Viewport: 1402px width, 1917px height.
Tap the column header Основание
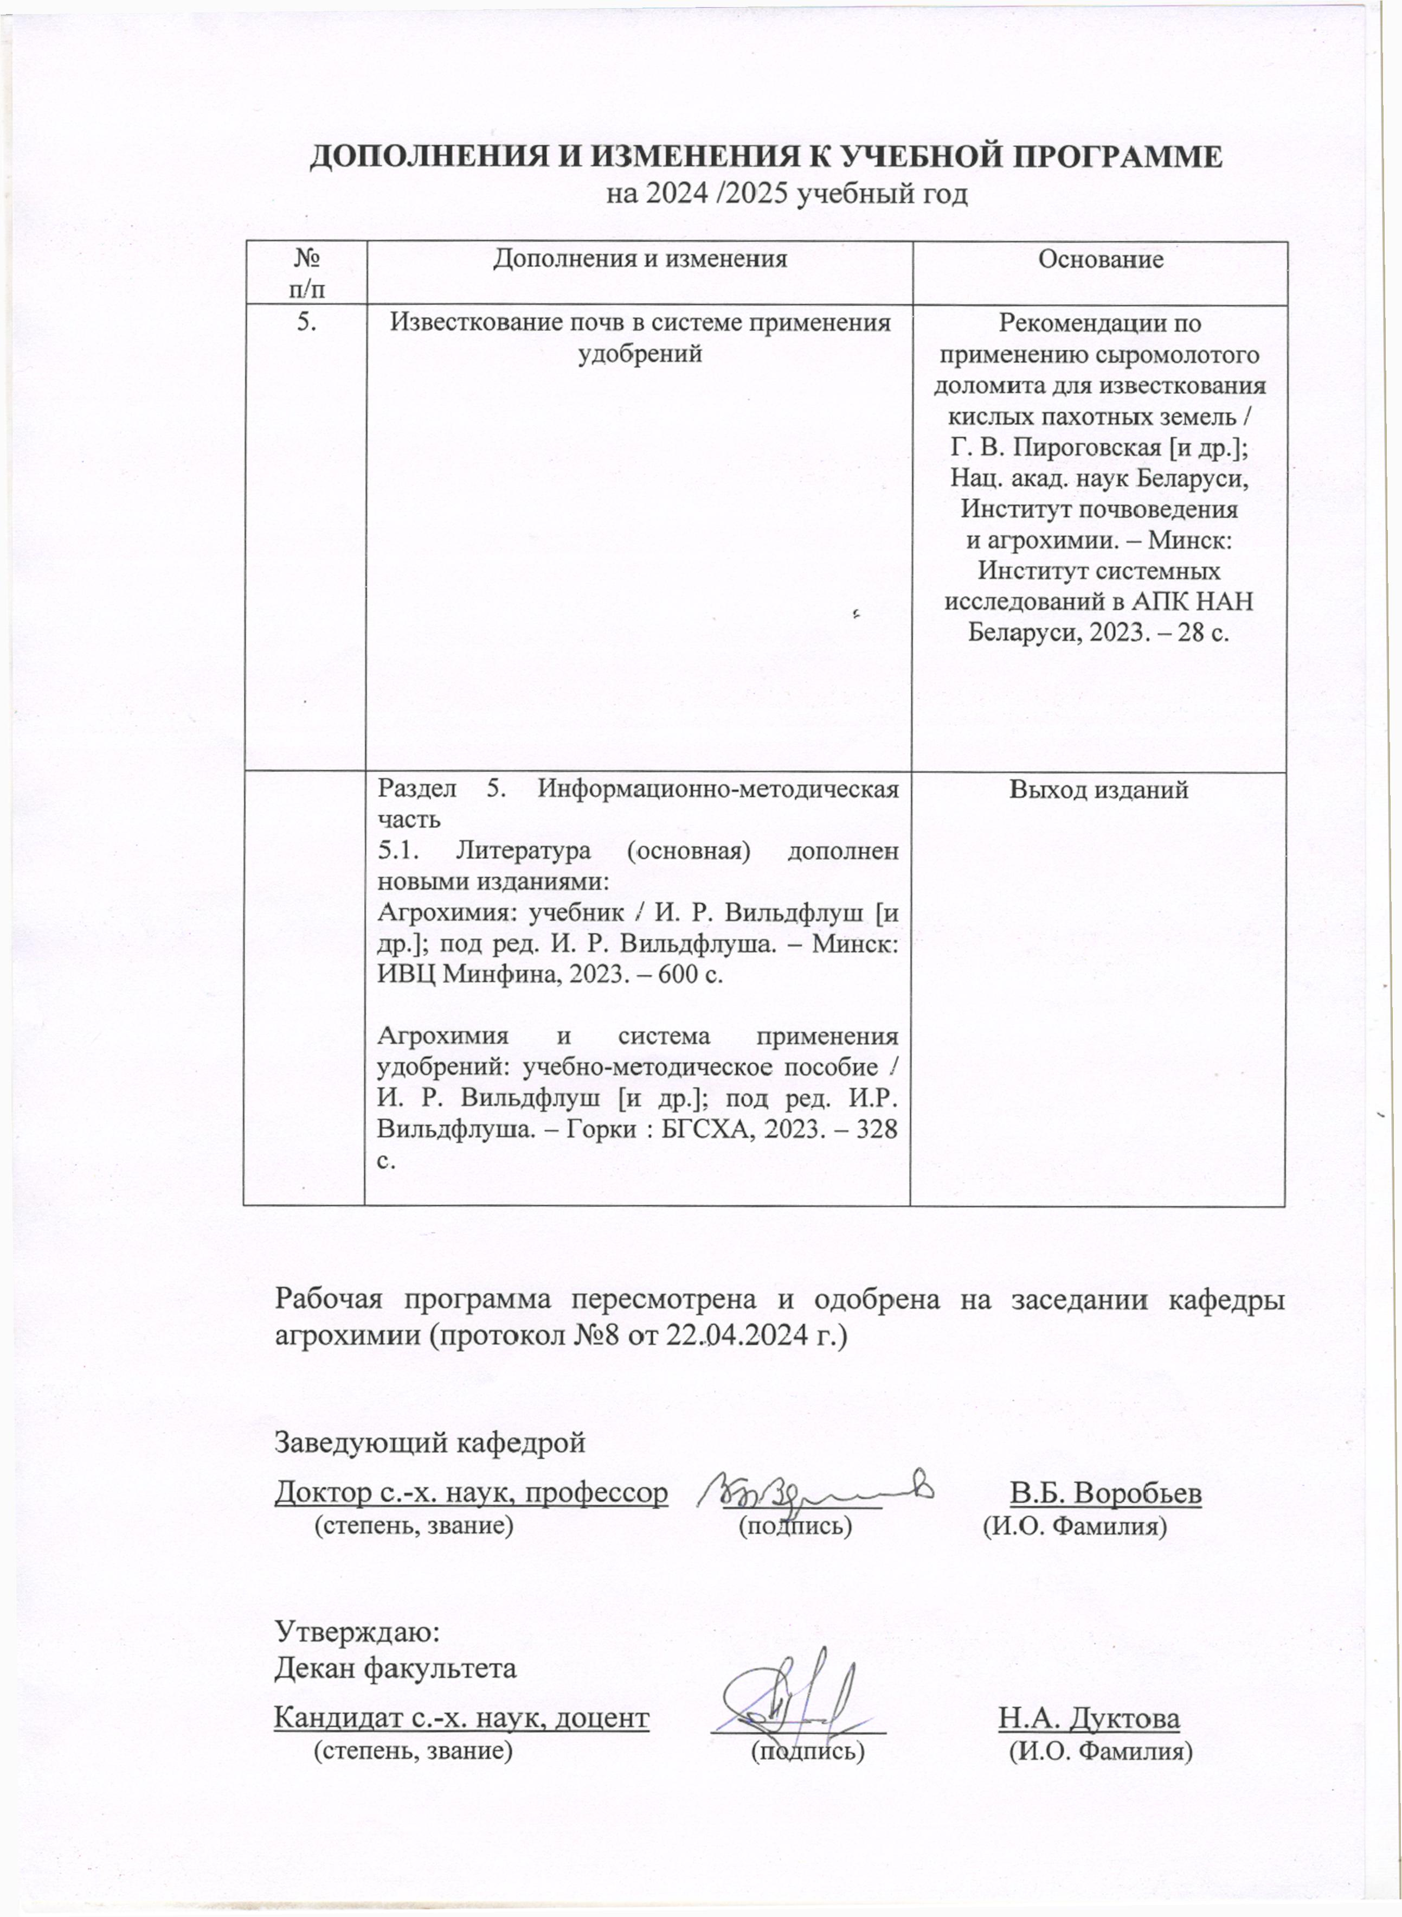click(x=1101, y=260)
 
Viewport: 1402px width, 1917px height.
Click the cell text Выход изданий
click(x=1098, y=790)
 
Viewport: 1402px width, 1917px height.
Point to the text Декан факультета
click(x=395, y=1668)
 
